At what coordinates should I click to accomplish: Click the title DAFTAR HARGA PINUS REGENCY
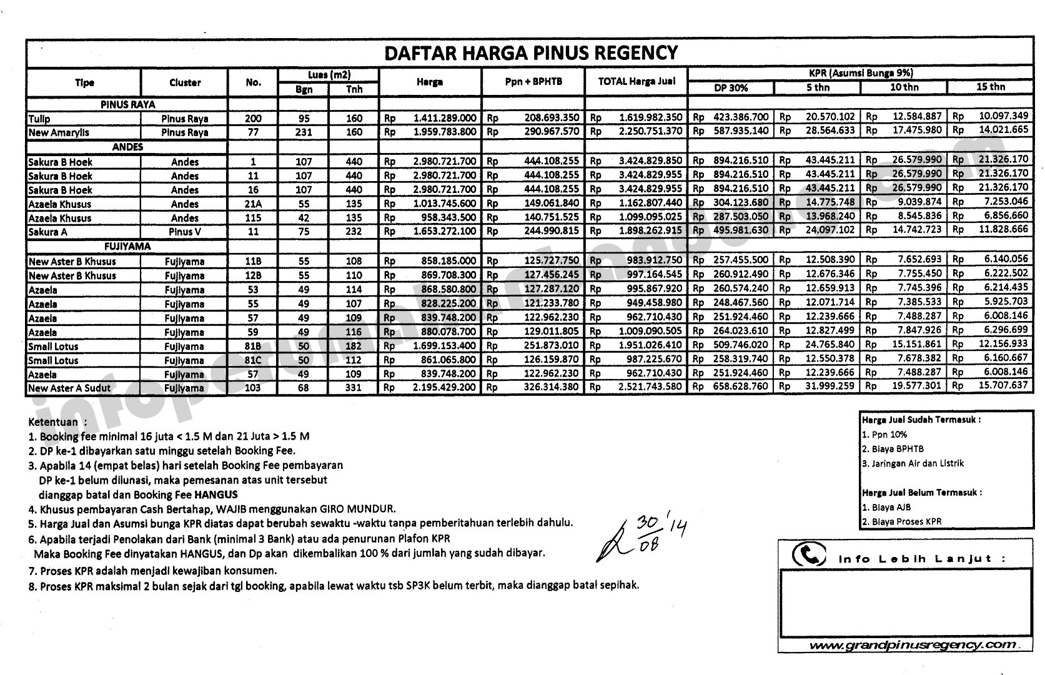coord(530,52)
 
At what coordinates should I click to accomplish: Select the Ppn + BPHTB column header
coord(533,82)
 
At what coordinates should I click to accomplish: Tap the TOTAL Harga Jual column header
coord(636,81)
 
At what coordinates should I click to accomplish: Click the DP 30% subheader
coord(730,88)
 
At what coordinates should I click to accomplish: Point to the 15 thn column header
coord(990,87)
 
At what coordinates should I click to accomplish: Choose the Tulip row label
coord(39,119)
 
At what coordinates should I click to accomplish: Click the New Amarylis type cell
coord(59,132)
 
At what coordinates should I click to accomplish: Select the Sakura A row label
coord(47,232)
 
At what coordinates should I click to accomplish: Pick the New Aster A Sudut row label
coord(69,388)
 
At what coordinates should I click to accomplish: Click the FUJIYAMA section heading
coord(127,247)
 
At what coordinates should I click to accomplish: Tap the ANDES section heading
coord(127,147)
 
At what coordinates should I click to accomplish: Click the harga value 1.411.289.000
coord(444,118)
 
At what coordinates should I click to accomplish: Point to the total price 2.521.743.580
coord(650,387)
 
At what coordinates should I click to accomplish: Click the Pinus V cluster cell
coord(185,232)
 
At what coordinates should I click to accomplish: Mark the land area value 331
coord(354,388)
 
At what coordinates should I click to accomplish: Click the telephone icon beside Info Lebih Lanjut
coord(808,554)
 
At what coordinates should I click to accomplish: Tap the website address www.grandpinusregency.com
coord(912,644)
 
